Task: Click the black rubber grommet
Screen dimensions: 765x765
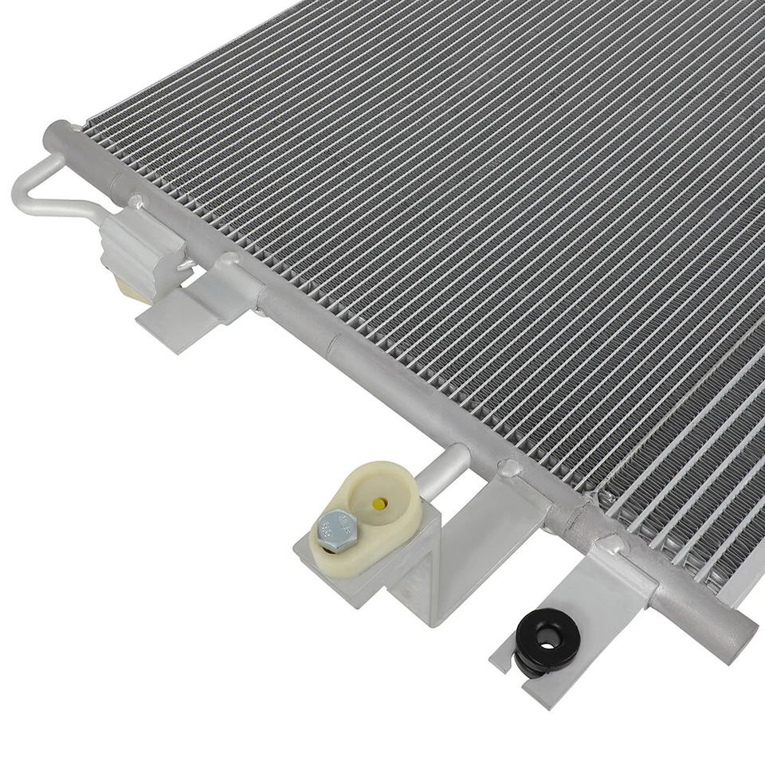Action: (x=546, y=638)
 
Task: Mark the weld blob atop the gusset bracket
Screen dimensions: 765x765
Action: (x=508, y=467)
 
